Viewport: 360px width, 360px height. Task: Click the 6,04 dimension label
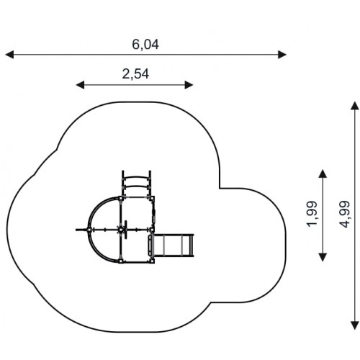point(145,45)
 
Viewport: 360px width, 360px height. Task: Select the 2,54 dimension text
point(135,74)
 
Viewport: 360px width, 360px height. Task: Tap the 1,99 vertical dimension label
point(312,214)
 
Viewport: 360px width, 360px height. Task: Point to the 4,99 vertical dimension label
point(345,214)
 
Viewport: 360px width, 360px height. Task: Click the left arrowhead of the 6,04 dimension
point(9,55)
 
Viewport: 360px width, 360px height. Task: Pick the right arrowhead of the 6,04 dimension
point(282,55)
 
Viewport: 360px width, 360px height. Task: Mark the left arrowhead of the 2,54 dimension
point(80,85)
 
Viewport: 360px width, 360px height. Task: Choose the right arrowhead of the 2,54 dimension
point(189,85)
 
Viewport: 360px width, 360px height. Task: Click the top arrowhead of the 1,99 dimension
point(323,174)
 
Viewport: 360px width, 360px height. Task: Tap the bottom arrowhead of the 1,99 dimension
point(323,257)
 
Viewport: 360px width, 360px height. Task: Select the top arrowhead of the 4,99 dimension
point(355,106)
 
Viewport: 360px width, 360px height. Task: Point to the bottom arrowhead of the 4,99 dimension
point(355,325)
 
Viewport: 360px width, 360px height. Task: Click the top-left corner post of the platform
point(120,198)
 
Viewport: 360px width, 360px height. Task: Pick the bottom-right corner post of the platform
point(152,261)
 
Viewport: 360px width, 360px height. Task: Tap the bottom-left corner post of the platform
point(120,261)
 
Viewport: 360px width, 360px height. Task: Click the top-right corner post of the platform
point(152,198)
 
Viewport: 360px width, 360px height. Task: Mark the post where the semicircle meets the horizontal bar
point(89,230)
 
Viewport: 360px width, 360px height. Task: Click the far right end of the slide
point(192,246)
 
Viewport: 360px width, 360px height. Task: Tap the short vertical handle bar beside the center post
point(125,230)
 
